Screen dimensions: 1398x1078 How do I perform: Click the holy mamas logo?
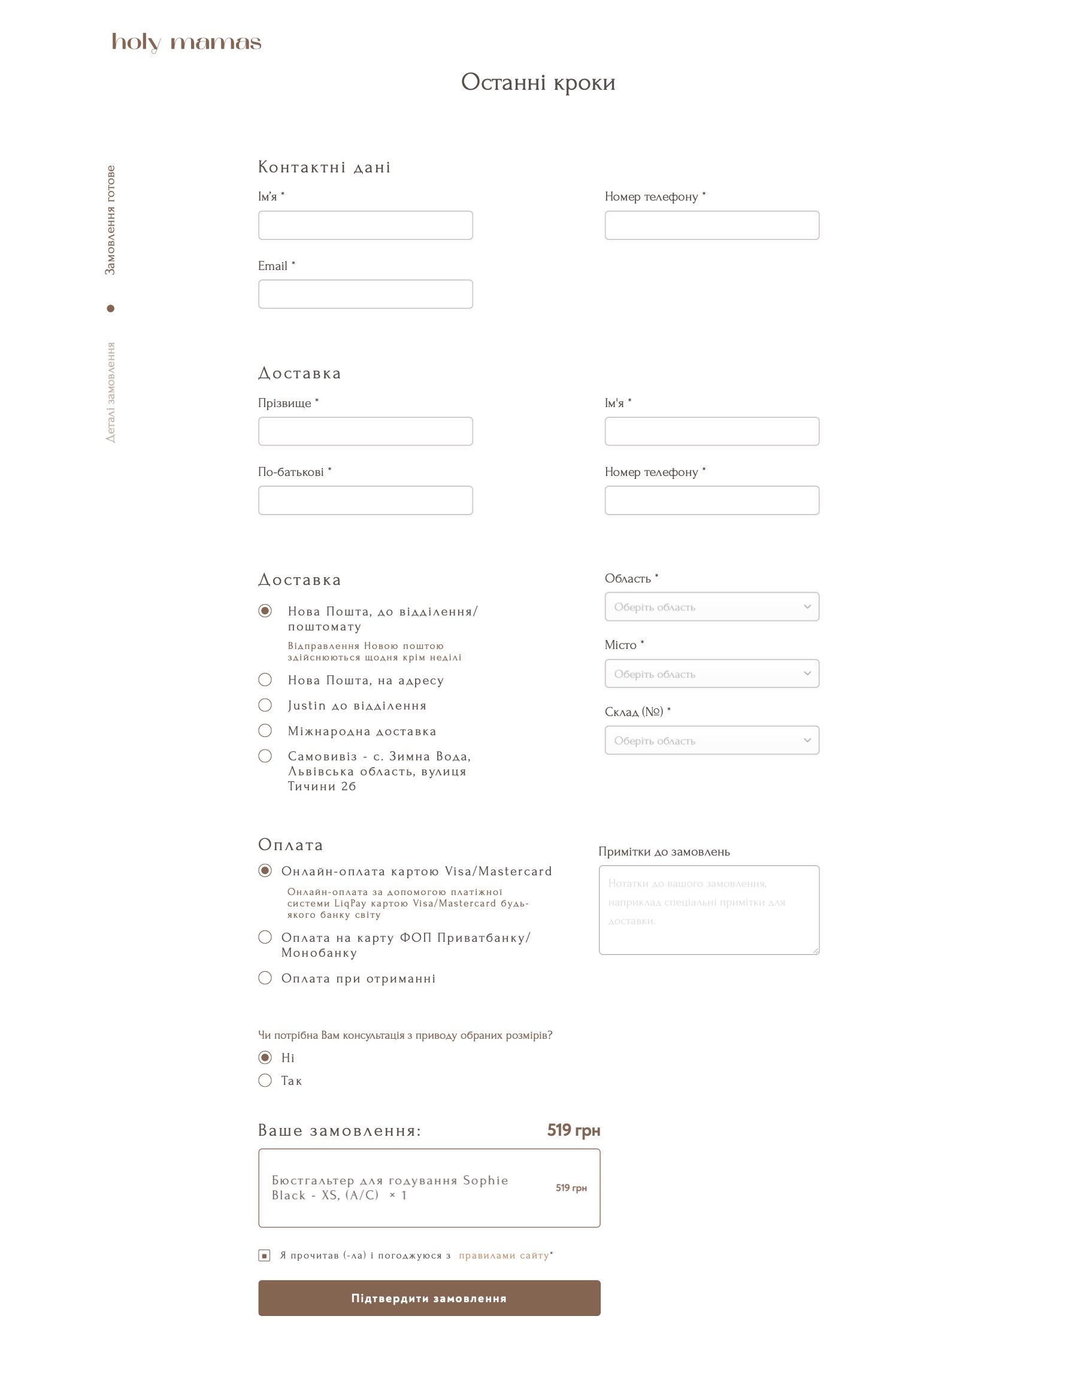tap(186, 43)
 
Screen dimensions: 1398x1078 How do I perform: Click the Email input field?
tap(365, 295)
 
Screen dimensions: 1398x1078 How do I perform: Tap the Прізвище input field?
tap(365, 432)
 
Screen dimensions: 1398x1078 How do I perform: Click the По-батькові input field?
tap(365, 500)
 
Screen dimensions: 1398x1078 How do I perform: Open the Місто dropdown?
tap(711, 674)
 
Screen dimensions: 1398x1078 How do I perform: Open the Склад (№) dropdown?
tap(711, 740)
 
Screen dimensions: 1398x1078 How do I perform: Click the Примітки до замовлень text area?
tap(708, 909)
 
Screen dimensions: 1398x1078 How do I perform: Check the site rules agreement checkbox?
tap(264, 1256)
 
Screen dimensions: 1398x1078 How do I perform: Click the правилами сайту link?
tap(504, 1256)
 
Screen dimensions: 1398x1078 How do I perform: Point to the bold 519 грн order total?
tap(573, 1130)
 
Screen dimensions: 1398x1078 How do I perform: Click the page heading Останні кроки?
tap(538, 82)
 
